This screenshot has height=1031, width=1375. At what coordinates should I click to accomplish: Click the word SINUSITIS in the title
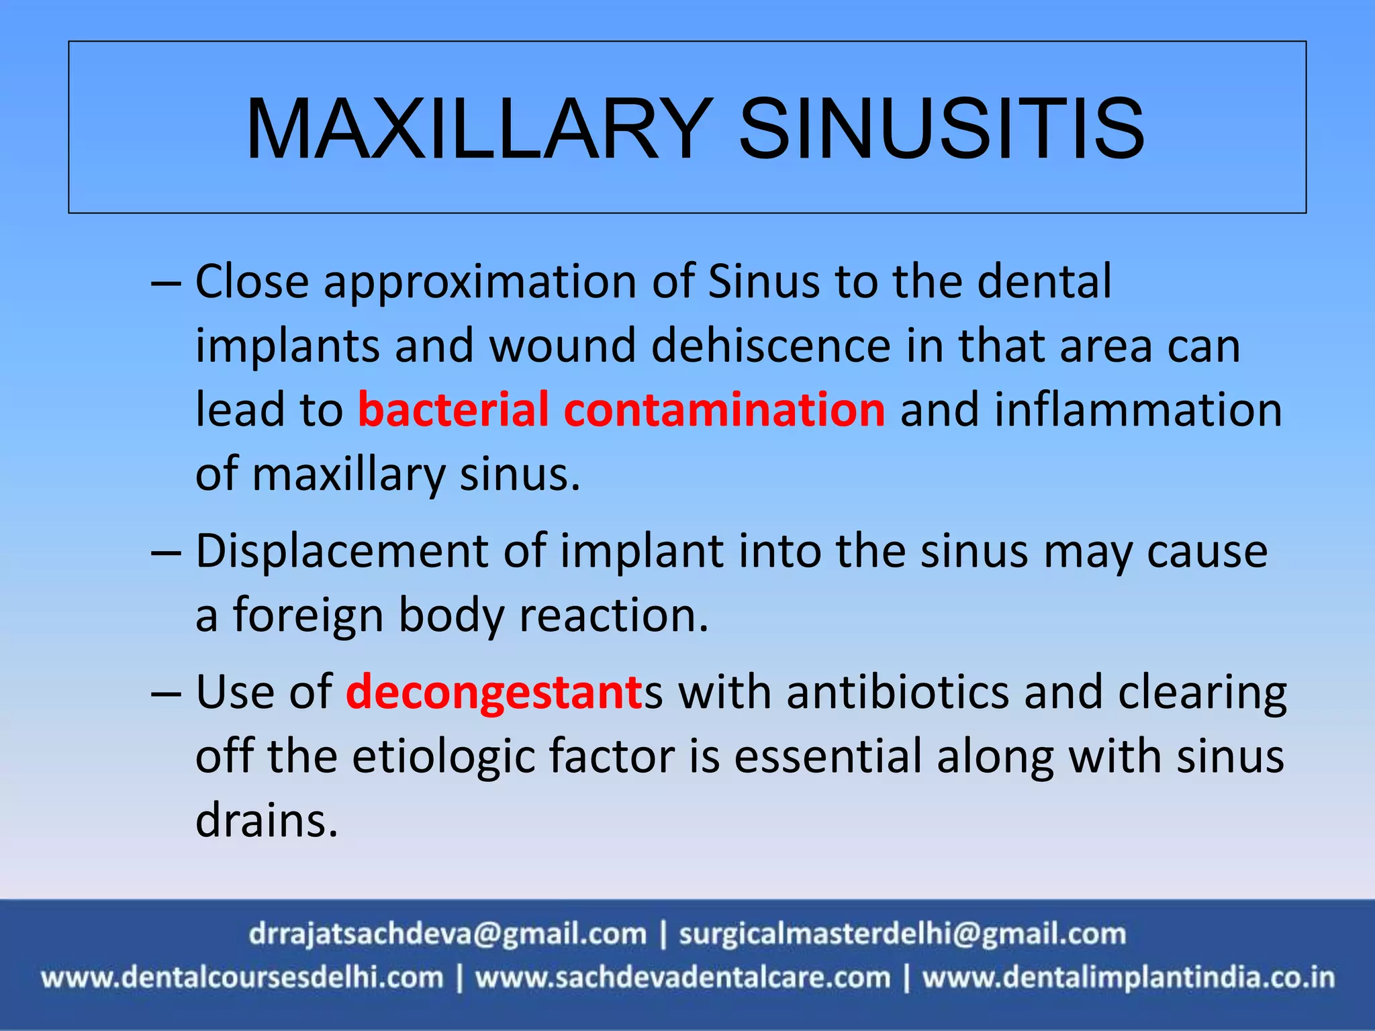tap(941, 129)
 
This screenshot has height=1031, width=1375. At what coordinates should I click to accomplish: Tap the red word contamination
tap(724, 409)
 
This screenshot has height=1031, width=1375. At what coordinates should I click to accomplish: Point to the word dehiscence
tap(771, 346)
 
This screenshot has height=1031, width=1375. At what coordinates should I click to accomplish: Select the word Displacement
tap(341, 552)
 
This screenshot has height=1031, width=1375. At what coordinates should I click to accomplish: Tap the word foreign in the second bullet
tap(307, 616)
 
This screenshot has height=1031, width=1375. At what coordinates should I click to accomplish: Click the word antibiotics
tap(898, 692)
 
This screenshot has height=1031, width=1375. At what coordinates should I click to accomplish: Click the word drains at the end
tap(266, 820)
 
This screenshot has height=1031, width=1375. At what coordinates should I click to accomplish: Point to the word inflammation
tap(1138, 409)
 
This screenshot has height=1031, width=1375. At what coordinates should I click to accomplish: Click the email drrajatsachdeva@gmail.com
tap(447, 934)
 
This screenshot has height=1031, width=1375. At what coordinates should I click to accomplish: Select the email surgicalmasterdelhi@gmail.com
tap(902, 934)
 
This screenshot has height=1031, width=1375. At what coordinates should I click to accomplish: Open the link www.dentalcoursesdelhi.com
tap(242, 977)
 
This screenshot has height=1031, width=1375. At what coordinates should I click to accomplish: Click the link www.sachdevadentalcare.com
tap(683, 977)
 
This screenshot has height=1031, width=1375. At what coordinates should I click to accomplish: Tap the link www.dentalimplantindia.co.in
tap(1128, 977)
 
